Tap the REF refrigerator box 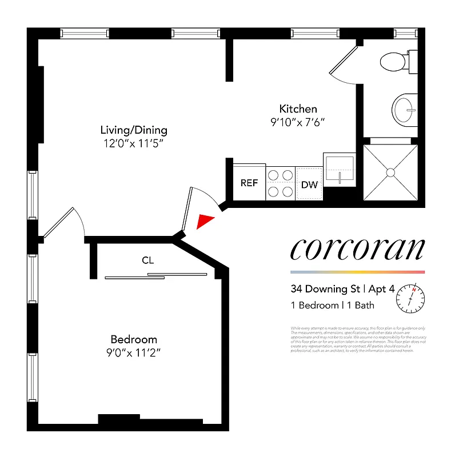[x=249, y=183]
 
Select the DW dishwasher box [x=309, y=184]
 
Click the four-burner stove [x=280, y=183]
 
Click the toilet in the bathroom [x=396, y=61]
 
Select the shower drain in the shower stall [x=390, y=171]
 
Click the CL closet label [x=149, y=260]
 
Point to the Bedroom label [x=134, y=339]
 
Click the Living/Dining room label [x=134, y=130]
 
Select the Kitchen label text [x=298, y=109]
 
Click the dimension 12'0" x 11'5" [x=134, y=145]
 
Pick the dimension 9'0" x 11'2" [x=134, y=353]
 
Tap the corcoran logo [x=357, y=249]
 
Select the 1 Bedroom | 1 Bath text [x=333, y=305]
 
